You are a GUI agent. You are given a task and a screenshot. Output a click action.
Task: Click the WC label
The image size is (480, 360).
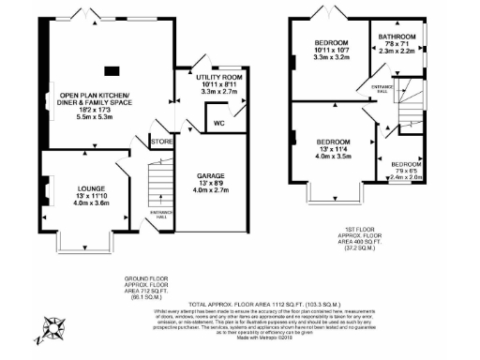(218, 123)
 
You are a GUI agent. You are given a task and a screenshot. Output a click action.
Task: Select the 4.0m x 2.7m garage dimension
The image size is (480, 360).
(210, 191)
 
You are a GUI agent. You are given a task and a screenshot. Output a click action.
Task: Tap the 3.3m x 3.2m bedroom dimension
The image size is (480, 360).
(331, 58)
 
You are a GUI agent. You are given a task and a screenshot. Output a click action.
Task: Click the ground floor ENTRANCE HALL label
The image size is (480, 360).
(161, 213)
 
